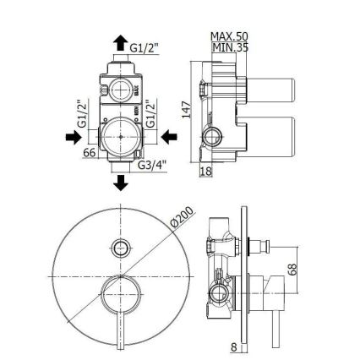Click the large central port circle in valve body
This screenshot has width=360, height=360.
click(x=118, y=135)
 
